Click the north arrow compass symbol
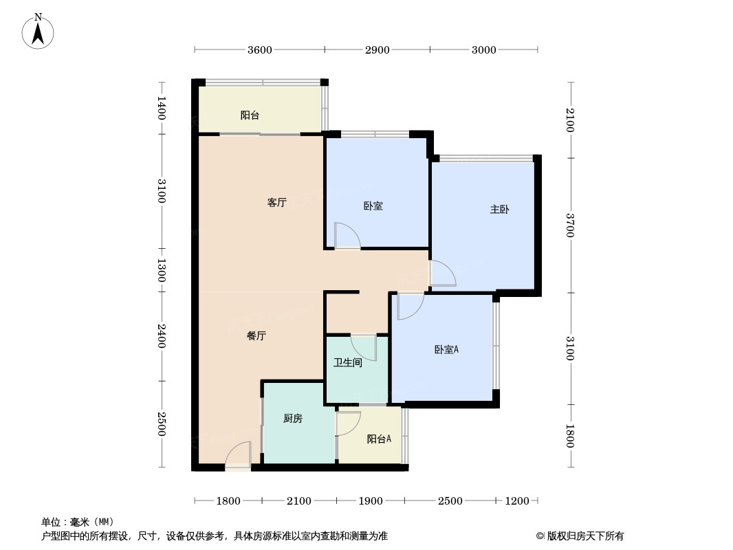tap(39, 31)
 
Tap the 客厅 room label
tap(276, 203)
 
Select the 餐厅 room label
tap(256, 336)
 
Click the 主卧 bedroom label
tap(499, 210)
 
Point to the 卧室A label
tap(446, 350)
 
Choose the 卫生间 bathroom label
tap(348, 362)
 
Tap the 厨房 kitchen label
tap(293, 418)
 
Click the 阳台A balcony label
tap(379, 439)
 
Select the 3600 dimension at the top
tap(260, 49)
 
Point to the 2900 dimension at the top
tap(378, 49)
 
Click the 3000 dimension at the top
tap(484, 49)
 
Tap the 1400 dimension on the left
tap(161, 108)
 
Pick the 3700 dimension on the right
tap(570, 225)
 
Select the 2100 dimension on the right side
tap(570, 120)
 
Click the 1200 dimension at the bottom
tap(517, 501)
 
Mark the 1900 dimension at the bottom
tap(371, 501)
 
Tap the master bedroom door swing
tap(442, 273)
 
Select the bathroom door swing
tap(364, 346)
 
